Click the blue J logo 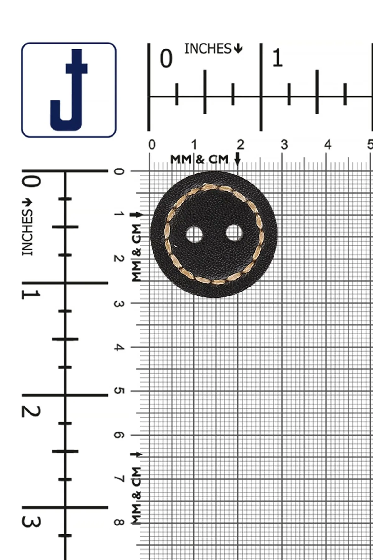[x=69, y=90]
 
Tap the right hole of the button [x=234, y=233]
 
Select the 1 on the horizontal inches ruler [x=277, y=58]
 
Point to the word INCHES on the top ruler [x=208, y=49]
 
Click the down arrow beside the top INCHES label [x=238, y=48]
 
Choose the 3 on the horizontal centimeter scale [x=284, y=145]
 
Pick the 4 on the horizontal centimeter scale [x=328, y=145]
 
